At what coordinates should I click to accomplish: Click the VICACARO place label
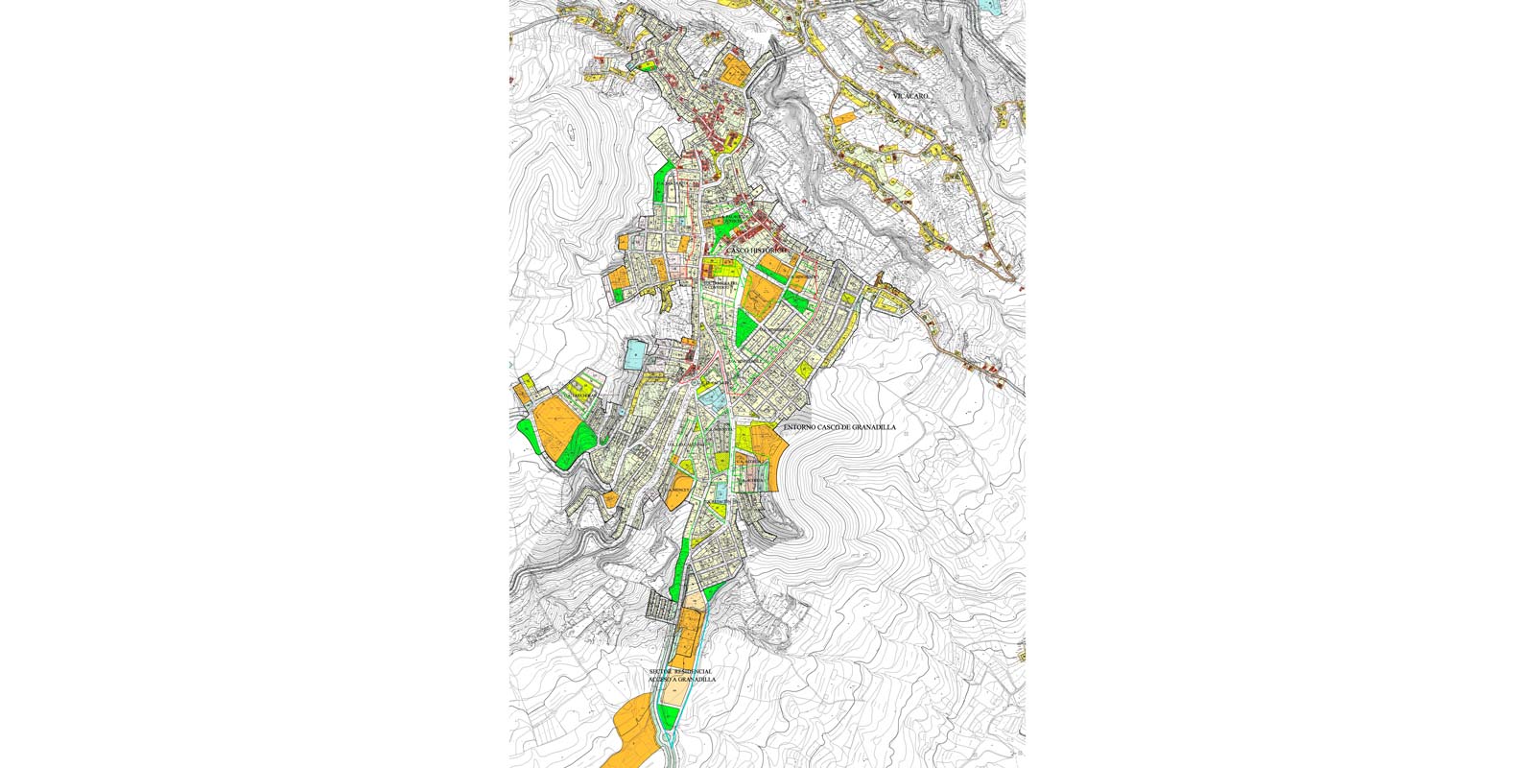tap(910, 97)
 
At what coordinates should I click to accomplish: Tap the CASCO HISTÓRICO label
tap(757, 250)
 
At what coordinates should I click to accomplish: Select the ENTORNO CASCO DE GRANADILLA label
tap(839, 427)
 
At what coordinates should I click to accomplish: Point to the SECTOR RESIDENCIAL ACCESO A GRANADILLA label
tap(681, 675)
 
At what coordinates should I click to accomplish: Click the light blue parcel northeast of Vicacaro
tap(989, 6)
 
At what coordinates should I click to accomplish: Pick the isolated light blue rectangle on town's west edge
tap(636, 355)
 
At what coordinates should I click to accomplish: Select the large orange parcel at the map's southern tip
tap(628, 734)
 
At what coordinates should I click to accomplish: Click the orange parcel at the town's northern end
tap(736, 69)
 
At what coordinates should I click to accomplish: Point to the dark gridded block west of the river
tap(662, 605)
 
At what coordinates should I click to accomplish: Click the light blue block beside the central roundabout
tap(713, 396)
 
